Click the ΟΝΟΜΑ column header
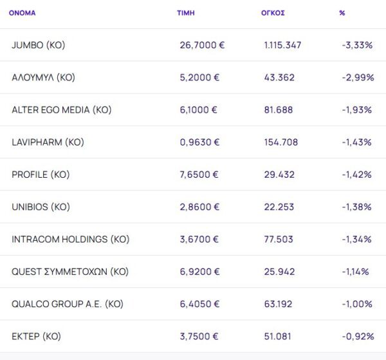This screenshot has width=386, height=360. pos(22,13)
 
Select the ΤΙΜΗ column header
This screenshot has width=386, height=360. pos(185,13)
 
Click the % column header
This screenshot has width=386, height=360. pos(342,13)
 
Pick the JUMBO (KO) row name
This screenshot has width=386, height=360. pos(39,45)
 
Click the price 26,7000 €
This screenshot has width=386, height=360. pos(202,45)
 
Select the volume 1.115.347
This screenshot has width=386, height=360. pos(282,45)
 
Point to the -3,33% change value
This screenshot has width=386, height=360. pos(357,45)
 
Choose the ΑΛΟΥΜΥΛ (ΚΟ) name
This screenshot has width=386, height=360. pos(43,77)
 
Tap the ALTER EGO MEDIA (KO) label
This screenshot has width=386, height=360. pos(61,109)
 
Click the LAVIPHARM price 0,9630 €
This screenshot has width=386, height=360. pos(199,142)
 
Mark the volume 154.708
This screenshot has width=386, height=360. pos(281,142)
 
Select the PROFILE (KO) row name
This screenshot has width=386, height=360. pos(41,175)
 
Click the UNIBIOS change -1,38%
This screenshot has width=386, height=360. pos(357,207)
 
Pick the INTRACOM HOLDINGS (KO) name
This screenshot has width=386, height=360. pos(70,239)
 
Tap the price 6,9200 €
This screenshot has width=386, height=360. pos(199,271)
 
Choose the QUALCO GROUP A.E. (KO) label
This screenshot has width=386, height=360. pos(67,304)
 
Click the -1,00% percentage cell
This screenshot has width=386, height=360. pos(357,304)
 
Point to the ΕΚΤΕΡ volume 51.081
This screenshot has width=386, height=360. pos(279,336)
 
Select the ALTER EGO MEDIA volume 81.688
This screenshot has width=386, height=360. pos(279,109)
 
